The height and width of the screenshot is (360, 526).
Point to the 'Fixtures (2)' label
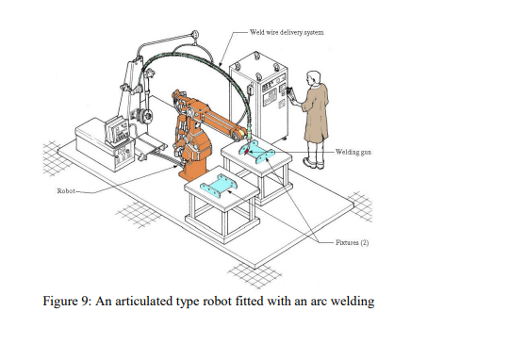coord(353,241)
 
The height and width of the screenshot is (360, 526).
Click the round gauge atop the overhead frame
coord(196,37)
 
